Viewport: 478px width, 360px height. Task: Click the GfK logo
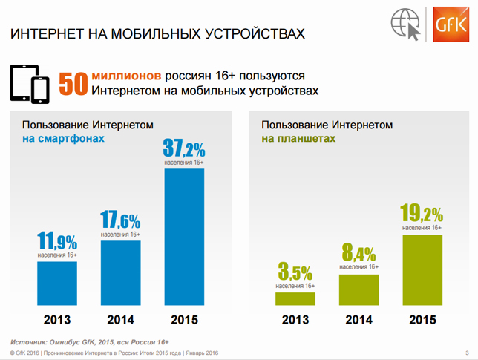[451, 24]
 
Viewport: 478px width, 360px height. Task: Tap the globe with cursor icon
[406, 24]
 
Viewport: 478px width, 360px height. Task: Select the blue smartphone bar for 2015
[184, 237]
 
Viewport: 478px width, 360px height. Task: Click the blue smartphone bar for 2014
[121, 273]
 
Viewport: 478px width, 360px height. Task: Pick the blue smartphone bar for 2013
[57, 284]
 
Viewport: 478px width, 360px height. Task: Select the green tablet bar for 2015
[422, 269]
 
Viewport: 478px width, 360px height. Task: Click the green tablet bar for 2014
[358, 289]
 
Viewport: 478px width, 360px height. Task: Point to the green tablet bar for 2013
[295, 298]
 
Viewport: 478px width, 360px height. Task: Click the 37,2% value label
[184, 148]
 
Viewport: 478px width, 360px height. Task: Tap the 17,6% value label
[120, 219]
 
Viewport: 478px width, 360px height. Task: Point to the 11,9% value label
[57, 240]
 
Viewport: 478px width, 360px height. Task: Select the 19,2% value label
[422, 213]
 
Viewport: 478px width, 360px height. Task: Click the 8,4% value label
[358, 252]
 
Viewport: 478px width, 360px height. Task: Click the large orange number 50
[73, 84]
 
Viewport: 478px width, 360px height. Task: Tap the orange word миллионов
[126, 76]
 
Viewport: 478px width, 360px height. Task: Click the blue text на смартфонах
[63, 138]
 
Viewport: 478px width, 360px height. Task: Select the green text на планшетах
[298, 138]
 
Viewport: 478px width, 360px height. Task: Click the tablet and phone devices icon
[30, 84]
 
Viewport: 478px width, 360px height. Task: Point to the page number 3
[467, 353]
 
